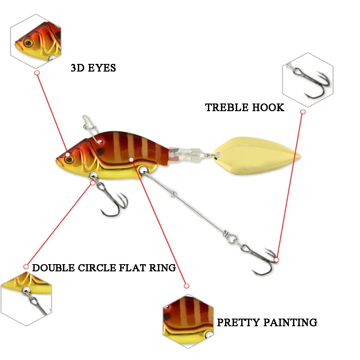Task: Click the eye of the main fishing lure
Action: coord(68,155)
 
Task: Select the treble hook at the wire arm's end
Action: coord(261,259)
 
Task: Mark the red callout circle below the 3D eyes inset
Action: coord(37,72)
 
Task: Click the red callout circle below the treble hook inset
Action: coord(303,112)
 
